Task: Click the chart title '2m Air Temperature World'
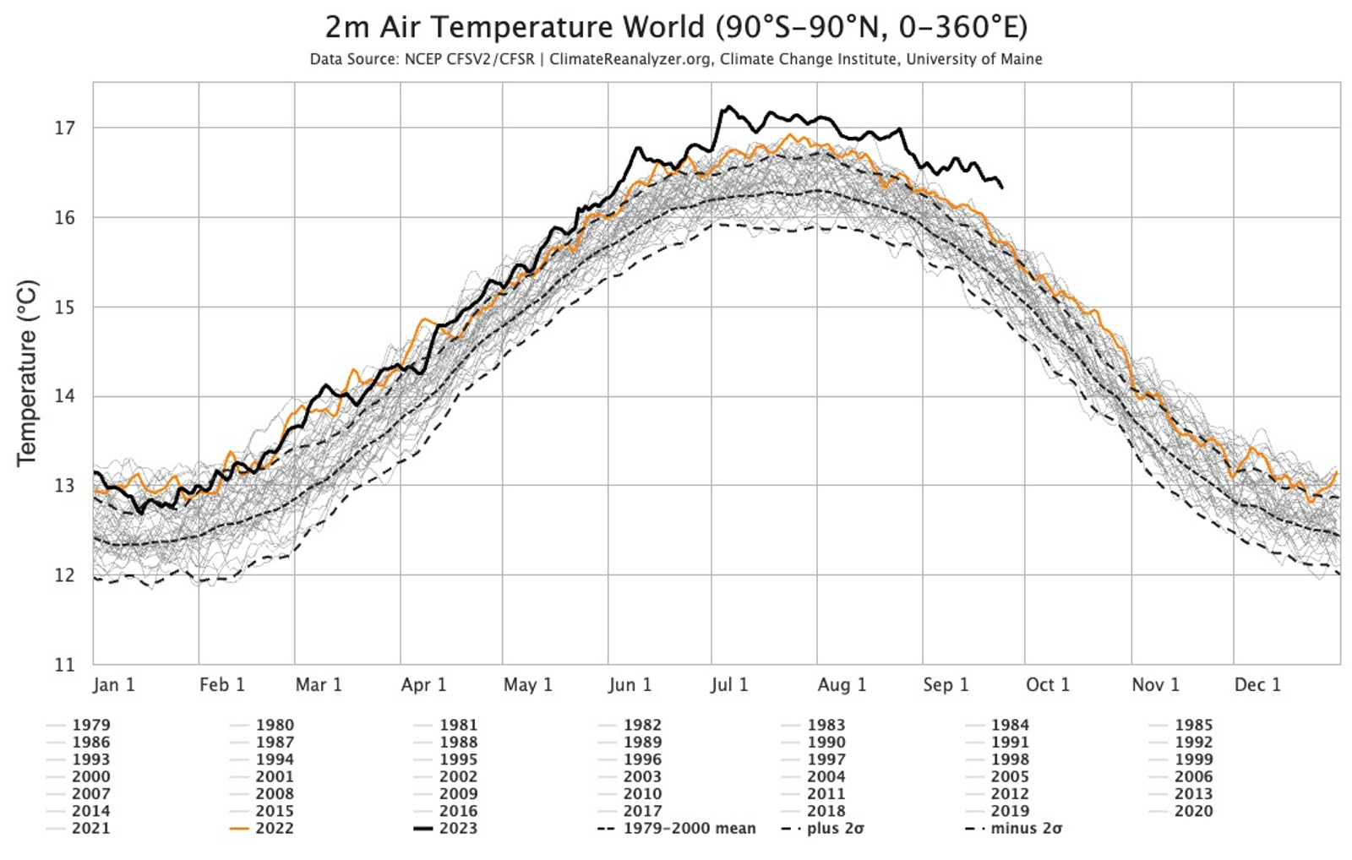[515, 27]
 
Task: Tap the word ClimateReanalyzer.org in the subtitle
[630, 59]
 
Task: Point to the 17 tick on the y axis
[65, 128]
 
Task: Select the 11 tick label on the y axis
[65, 665]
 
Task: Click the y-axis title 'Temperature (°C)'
[27, 373]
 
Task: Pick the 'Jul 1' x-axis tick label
[729, 685]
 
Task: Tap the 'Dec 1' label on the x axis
[1257, 685]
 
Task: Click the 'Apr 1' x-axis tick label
[423, 685]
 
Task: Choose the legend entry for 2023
[445, 828]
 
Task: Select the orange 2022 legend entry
[262, 828]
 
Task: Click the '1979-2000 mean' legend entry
[677, 828]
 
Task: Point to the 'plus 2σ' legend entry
[823, 828]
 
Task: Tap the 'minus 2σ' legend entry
[1014, 828]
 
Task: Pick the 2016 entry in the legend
[445, 811]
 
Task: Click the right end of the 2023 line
[1002, 188]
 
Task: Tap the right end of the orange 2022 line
[1336, 472]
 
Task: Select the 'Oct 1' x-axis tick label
[1048, 685]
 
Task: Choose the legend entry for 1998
[997, 759]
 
